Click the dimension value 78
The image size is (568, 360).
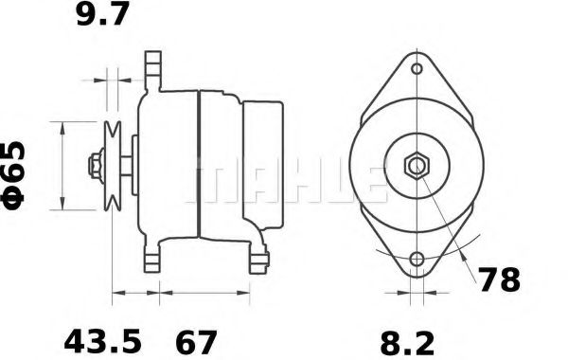click(x=498, y=281)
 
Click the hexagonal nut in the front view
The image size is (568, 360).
click(x=417, y=167)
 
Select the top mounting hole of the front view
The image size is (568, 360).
click(x=417, y=68)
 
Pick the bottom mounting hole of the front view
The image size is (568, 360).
click(x=417, y=260)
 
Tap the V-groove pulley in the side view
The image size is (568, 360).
click(x=113, y=166)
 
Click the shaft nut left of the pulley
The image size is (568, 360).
click(x=95, y=166)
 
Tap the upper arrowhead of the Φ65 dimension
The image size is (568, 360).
click(x=62, y=122)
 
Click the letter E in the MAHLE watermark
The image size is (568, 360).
click(x=372, y=180)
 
